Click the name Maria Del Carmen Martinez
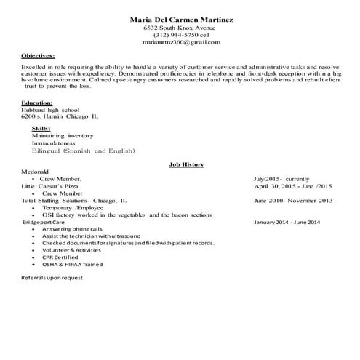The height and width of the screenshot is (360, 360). click(x=181, y=19)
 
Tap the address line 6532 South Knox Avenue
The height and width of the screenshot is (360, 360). click(x=181, y=27)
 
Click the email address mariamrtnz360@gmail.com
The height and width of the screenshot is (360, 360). click(x=181, y=43)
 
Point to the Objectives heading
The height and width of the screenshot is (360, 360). click(x=38, y=55)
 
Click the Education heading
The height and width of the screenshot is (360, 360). click(x=37, y=103)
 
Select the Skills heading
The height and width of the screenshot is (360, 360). click(x=41, y=128)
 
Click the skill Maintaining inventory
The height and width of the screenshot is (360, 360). click(x=63, y=135)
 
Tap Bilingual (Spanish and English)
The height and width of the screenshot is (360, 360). click(x=84, y=151)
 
